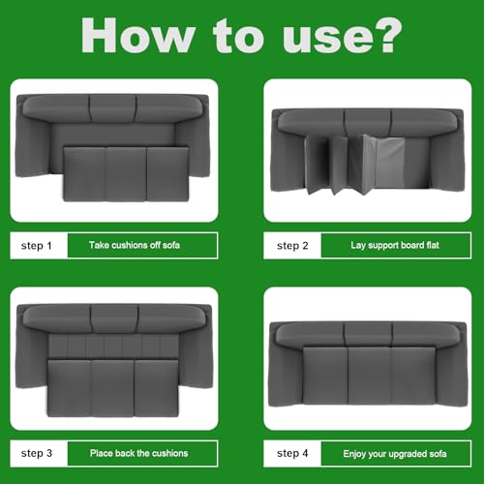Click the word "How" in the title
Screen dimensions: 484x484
pos(136,37)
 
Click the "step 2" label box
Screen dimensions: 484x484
pos(292,246)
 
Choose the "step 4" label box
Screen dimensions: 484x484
pos(292,453)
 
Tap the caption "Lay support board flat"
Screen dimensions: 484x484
pos(394,246)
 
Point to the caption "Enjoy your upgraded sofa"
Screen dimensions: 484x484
pos(394,453)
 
